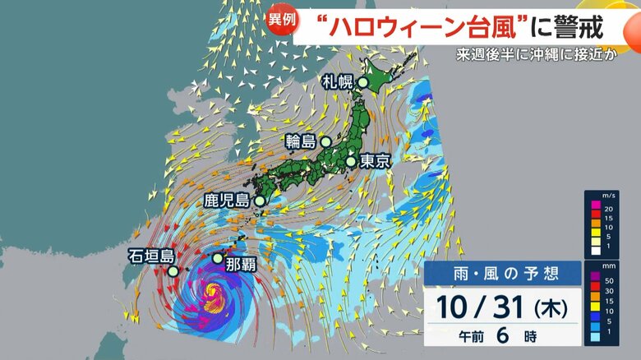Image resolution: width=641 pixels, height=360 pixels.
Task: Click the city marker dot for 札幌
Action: point(362,82)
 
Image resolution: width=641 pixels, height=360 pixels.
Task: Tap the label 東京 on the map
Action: point(372,162)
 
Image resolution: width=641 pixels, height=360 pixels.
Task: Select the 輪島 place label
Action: point(301,141)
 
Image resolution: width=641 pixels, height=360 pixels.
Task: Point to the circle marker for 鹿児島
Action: point(260,200)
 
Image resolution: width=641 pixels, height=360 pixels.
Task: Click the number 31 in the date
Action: point(500,309)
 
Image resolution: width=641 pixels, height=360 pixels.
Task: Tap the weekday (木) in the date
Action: point(549,311)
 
